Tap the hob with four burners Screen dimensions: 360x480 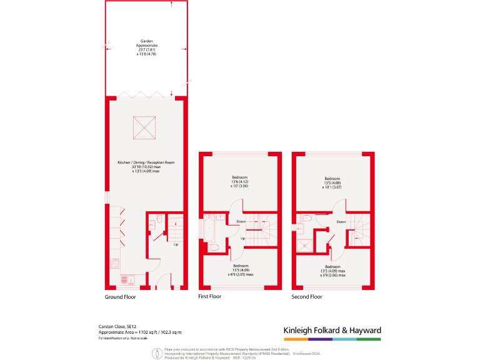[x=114, y=263]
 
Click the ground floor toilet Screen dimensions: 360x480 [x=159, y=219]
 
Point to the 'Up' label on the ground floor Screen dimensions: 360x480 [x=176, y=244]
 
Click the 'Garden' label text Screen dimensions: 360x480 [x=147, y=42]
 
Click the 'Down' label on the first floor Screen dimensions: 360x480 [x=241, y=221]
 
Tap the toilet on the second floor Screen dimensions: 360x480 [x=305, y=219]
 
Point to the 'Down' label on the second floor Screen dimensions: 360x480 [x=341, y=221]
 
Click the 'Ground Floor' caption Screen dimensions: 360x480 [x=120, y=297]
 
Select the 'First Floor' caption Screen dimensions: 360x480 [x=209, y=297]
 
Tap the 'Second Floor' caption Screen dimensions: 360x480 [x=306, y=297]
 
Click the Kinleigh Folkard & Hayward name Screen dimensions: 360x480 [x=332, y=330]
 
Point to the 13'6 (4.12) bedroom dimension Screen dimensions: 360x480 [x=239, y=181]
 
